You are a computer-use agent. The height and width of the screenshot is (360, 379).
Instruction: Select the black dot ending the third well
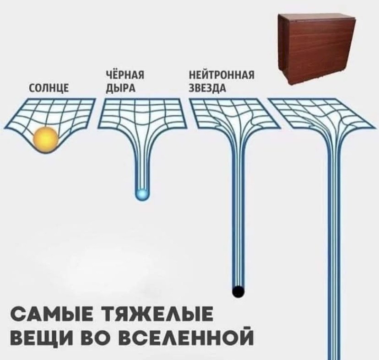pos(238,291)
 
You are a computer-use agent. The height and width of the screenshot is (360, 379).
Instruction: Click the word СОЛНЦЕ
pos(49,88)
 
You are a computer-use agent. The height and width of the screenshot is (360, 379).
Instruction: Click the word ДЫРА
pos(119,88)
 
